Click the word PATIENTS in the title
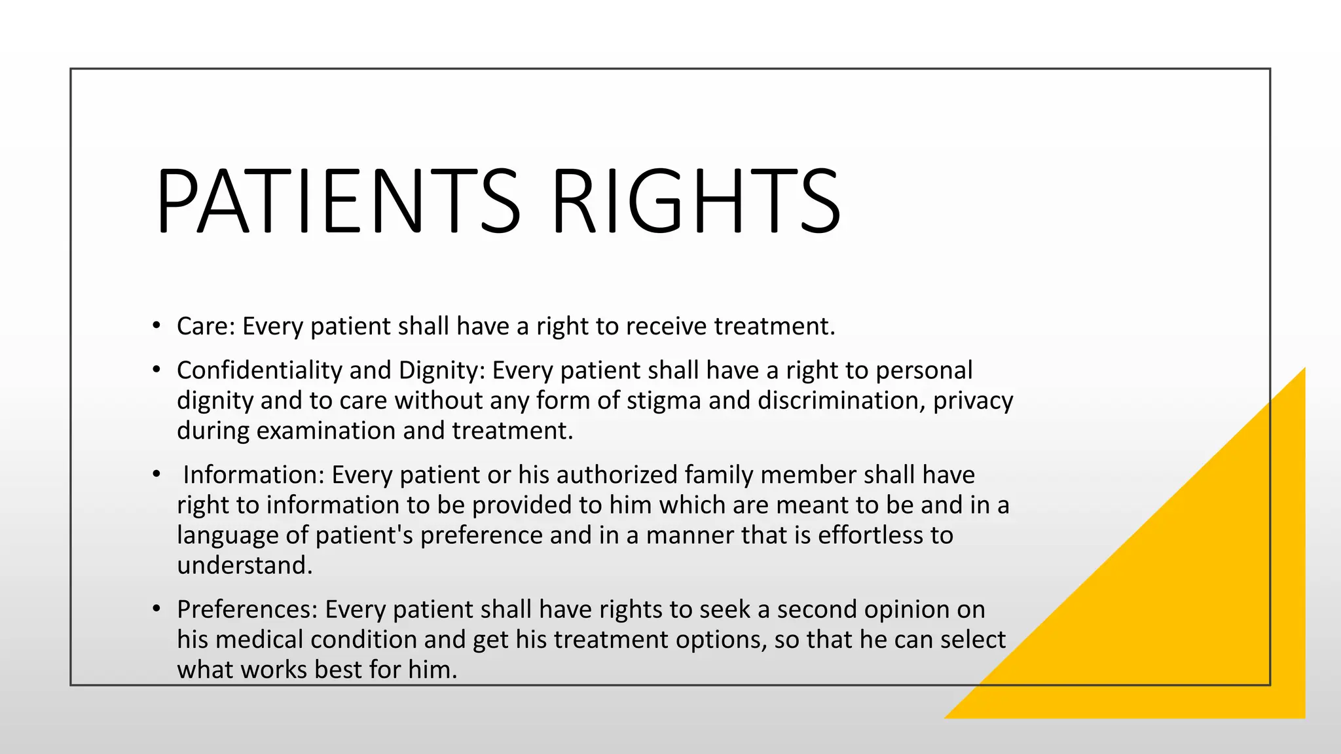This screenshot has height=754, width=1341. click(x=338, y=201)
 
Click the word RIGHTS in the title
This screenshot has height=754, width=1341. click(x=696, y=201)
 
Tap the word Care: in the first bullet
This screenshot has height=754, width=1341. click(x=206, y=326)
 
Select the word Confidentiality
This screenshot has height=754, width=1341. click(x=259, y=370)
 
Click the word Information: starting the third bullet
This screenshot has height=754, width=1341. click(x=253, y=475)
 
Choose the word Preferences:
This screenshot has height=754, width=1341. click(x=247, y=609)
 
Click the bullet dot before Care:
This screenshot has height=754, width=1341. click(x=156, y=325)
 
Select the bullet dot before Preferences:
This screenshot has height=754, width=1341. click(x=156, y=609)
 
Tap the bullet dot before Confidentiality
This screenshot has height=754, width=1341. click(x=156, y=370)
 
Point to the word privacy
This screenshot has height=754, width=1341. click(x=973, y=401)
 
